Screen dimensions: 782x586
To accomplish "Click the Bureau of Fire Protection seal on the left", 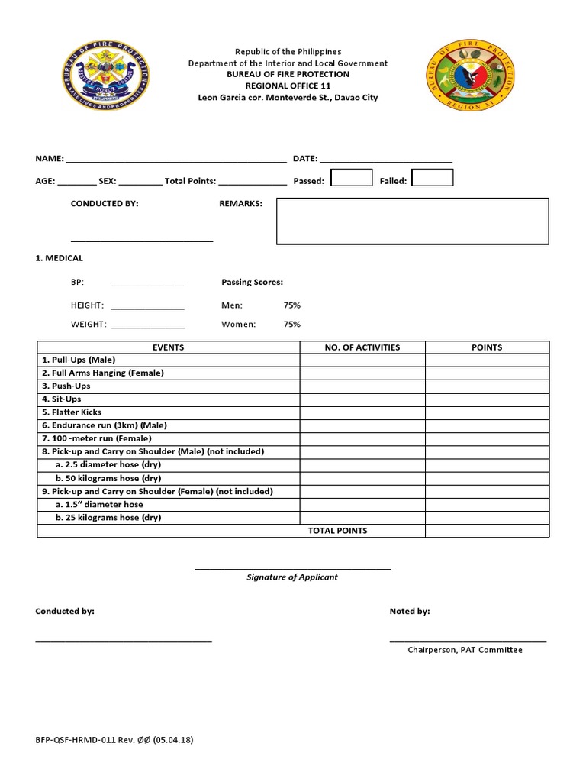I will [x=107, y=77].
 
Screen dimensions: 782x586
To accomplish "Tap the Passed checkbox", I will [x=351, y=178].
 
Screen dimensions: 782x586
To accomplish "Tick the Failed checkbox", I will [x=432, y=178].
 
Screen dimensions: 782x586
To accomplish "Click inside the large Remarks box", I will [x=412, y=221].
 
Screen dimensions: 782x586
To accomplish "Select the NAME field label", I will [x=50, y=159].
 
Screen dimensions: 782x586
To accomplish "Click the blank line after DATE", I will [x=385, y=159].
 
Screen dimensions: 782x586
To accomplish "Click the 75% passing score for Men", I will [x=291, y=305].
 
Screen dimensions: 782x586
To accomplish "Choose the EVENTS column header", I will [x=168, y=347].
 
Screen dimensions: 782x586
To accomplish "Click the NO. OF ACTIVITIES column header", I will [x=362, y=347].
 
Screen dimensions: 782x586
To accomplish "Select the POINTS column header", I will [x=487, y=347].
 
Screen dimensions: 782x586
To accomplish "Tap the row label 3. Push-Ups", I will [x=66, y=386].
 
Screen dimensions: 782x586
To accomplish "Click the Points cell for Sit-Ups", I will [x=487, y=399].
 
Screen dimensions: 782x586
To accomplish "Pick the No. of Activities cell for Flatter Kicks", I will [x=362, y=412].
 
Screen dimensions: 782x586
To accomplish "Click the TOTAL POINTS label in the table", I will [x=337, y=531].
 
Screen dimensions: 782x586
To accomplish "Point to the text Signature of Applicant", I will [x=292, y=577].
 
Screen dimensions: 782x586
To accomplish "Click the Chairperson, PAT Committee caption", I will [x=465, y=650].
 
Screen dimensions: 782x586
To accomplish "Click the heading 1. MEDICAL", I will [x=60, y=259].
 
